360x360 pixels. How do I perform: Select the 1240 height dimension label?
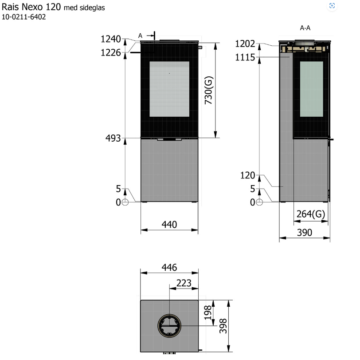pos(111,39)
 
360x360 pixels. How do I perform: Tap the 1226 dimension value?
pos(111,52)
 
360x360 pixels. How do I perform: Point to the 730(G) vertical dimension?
pos(208,90)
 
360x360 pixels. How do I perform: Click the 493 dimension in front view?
pos(113,138)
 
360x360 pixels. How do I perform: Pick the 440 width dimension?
pos(169,225)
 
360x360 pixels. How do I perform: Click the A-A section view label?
pos(305,28)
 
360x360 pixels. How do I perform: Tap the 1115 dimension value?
pos(245,57)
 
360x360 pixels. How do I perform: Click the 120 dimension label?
pos(247,175)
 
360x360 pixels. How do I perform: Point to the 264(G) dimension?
pos(310,214)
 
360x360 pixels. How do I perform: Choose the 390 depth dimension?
pos(305,233)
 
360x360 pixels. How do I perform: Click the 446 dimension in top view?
pos(169,268)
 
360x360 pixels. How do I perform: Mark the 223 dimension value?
pos(184,283)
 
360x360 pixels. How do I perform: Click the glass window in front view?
pos(169,89)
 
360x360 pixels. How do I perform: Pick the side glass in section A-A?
pos(311,89)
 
